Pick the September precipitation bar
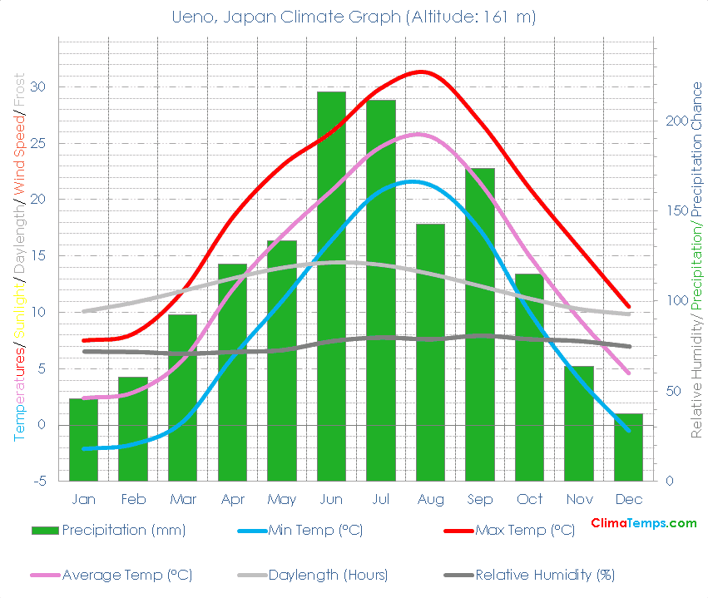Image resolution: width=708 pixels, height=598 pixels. (x=480, y=324)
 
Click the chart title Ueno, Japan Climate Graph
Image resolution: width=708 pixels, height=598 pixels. (x=354, y=17)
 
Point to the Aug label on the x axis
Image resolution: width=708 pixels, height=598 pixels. (x=430, y=499)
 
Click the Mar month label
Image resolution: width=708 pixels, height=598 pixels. (x=182, y=499)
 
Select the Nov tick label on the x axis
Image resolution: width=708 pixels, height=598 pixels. (x=579, y=499)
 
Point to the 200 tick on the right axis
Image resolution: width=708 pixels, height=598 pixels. (x=676, y=121)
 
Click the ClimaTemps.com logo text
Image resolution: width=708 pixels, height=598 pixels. (x=643, y=523)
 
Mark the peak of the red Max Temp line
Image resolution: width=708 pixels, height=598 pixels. (x=422, y=72)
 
